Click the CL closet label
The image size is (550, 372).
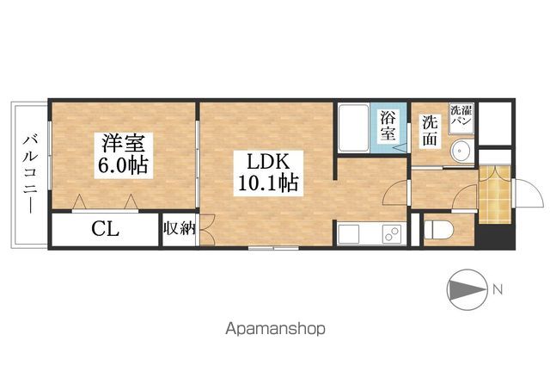point(106,230)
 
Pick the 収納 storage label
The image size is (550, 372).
point(179,229)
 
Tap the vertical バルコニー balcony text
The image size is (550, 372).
point(28,172)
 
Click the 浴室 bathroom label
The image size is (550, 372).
point(388,126)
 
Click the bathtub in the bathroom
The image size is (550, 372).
point(352,128)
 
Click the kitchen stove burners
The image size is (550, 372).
point(390,234)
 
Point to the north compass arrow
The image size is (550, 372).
point(466,288)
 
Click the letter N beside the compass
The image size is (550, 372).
point(498,288)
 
